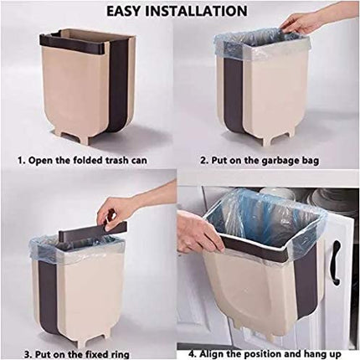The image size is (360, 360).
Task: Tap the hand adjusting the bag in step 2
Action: pos(301,22)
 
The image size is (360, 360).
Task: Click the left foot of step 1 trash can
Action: pos(58,134)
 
